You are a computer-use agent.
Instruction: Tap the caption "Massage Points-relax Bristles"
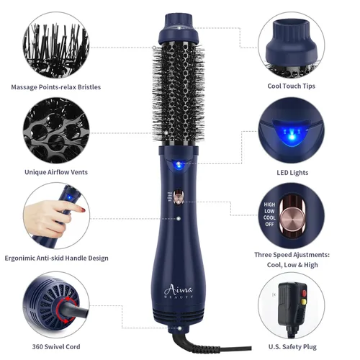(55, 87)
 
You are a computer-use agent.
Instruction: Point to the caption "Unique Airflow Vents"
(56, 171)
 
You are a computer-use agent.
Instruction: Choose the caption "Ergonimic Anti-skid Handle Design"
(55, 258)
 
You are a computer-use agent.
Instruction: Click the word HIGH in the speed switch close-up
(270, 205)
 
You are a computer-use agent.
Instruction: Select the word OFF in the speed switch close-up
(270, 224)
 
